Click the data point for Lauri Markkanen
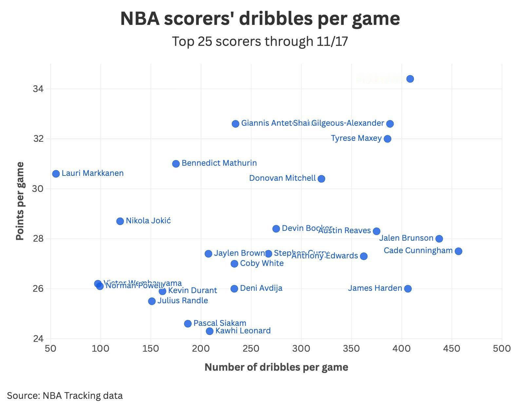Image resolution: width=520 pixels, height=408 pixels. (x=56, y=174)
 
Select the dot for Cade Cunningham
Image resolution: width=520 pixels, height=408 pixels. (x=458, y=251)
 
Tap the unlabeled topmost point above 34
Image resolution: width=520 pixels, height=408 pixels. (x=410, y=79)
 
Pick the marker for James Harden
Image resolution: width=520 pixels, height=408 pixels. (x=408, y=288)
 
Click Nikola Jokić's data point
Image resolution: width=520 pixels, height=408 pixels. (x=120, y=221)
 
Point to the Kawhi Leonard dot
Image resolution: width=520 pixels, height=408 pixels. (x=210, y=331)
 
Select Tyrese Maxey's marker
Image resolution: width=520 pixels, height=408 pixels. (x=387, y=139)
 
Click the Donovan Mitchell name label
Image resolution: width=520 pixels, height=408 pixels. (x=282, y=178)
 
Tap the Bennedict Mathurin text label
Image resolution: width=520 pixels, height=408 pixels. (x=219, y=163)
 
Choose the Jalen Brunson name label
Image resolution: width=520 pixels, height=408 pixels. (x=406, y=238)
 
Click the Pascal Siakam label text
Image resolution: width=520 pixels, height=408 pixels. (x=220, y=323)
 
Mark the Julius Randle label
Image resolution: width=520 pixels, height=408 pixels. (x=183, y=301)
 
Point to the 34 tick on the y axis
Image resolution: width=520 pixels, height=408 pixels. (x=38, y=89)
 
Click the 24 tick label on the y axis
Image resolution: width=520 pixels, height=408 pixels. (x=38, y=338)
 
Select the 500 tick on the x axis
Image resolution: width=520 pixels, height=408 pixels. (x=502, y=348)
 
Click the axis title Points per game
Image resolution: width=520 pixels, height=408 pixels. (x=20, y=201)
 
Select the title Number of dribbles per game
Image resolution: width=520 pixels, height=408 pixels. (x=276, y=367)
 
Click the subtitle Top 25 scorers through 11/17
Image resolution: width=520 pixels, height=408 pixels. (x=260, y=42)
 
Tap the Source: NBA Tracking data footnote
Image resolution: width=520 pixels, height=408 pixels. (x=65, y=396)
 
